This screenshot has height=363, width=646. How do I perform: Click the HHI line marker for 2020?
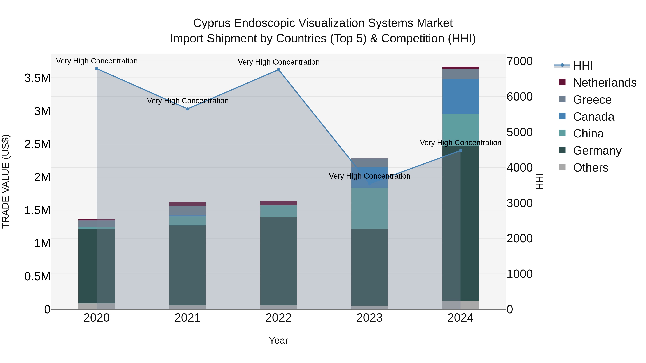[x=97, y=69]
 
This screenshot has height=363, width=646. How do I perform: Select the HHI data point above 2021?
[x=188, y=109]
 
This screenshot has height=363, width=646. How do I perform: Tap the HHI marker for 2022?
[x=278, y=70]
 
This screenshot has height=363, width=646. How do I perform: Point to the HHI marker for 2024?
[x=460, y=151]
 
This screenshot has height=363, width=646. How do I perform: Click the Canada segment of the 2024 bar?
[x=460, y=96]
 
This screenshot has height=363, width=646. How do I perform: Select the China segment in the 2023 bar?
[x=369, y=208]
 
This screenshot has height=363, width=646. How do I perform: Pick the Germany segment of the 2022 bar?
[x=278, y=260]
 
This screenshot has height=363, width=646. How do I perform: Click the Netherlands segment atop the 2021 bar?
[x=188, y=204]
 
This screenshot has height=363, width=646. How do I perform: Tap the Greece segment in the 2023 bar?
[x=369, y=163]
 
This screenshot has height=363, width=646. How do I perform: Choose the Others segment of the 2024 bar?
[x=460, y=305]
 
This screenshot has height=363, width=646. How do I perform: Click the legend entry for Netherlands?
[x=604, y=83]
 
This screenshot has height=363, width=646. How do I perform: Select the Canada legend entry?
[x=593, y=117]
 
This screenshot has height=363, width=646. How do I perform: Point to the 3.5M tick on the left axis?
[x=37, y=78]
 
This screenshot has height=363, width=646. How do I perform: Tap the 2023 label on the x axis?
[x=369, y=318]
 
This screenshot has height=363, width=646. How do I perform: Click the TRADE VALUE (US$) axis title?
[x=6, y=181]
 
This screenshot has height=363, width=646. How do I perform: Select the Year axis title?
[x=278, y=340]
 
